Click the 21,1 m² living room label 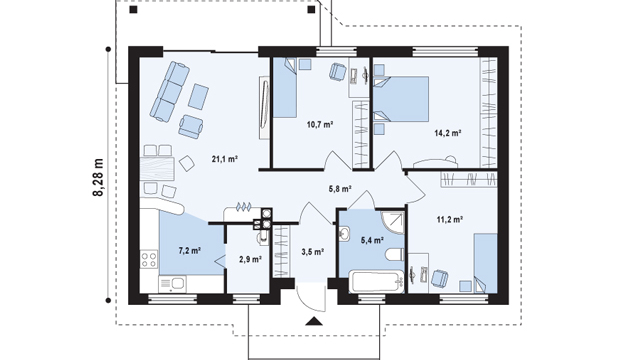click(224, 159)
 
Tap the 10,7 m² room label click(320, 125)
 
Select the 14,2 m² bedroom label click(448, 133)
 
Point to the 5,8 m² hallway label click(340, 189)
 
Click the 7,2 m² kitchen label click(190, 250)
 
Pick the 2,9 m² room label click(251, 259)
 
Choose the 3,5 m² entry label click(313, 251)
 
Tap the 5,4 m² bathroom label click(373, 240)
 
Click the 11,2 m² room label click(450, 219)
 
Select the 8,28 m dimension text click(98, 177)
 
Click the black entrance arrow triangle click(314, 321)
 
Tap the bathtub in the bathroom click(377, 282)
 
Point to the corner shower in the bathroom click(393, 223)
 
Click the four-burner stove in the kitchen click(149, 259)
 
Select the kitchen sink click(173, 284)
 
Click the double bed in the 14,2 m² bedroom click(401, 99)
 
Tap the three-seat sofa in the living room click(169, 91)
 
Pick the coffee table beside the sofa click(199, 96)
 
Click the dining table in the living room click(157, 169)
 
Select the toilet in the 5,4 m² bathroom click(395, 255)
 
